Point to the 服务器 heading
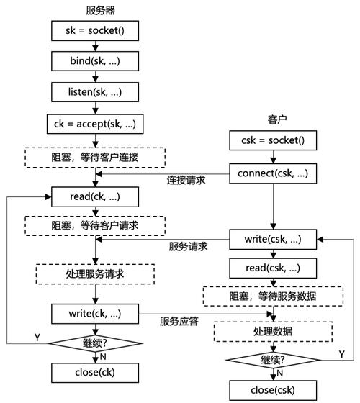(x=95, y=11)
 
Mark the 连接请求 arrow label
(x=186, y=181)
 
